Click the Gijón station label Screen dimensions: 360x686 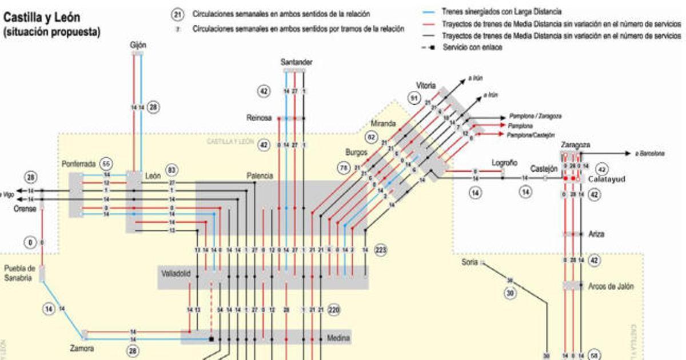[x=137, y=45]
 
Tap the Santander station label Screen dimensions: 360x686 [x=297, y=62]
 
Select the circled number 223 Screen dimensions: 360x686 [x=381, y=250]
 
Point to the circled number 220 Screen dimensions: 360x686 [x=335, y=310]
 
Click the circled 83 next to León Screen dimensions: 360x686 [x=171, y=170]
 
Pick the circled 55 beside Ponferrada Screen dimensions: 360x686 [x=105, y=162]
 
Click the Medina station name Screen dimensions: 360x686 [x=338, y=338]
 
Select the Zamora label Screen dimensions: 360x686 [x=82, y=347]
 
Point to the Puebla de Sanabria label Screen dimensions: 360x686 [x=21, y=273]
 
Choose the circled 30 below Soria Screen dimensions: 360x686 [x=510, y=293]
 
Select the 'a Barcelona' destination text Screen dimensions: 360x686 [x=646, y=153]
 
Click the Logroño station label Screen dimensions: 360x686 [x=504, y=163]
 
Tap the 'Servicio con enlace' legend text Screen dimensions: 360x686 [x=473, y=47]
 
